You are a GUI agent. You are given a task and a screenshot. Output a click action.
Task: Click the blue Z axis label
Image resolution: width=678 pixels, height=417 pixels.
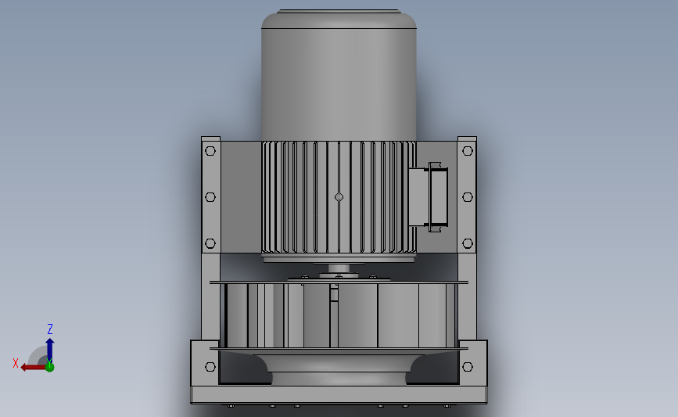50,329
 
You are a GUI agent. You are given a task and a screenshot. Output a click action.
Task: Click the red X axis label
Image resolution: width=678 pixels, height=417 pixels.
16,363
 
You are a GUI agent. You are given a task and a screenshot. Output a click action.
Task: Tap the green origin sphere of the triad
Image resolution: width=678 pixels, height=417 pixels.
49,366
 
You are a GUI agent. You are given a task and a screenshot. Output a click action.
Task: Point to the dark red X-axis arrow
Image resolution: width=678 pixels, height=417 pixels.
33,366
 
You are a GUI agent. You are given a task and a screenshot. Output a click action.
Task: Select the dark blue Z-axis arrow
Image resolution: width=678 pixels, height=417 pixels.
49,348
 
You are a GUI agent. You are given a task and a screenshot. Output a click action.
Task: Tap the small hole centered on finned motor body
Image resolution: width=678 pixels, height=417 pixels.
339,197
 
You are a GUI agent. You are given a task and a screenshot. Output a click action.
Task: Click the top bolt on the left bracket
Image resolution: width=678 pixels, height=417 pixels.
210,151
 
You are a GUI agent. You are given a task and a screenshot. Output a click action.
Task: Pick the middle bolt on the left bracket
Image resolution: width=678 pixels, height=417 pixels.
210,197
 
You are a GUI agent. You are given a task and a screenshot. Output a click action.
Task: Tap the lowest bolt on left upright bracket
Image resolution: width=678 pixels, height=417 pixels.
210,244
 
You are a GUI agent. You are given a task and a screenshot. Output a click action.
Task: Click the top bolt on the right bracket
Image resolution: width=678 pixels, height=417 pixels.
467,151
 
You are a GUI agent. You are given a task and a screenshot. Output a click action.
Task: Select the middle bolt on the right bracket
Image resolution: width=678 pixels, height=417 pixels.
467,197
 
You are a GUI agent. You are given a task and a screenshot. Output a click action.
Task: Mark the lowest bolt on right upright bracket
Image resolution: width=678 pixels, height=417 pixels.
467,244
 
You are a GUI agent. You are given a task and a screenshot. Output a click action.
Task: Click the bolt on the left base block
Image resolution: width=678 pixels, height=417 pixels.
210,367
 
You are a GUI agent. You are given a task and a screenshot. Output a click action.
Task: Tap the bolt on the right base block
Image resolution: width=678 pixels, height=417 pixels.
467,367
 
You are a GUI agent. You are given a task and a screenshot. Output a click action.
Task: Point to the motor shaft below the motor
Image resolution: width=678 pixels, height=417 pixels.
338,269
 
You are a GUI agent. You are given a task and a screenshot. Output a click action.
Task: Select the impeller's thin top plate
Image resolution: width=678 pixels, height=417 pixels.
339,282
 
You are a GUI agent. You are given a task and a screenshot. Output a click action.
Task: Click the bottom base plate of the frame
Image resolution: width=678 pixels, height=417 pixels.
339,395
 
